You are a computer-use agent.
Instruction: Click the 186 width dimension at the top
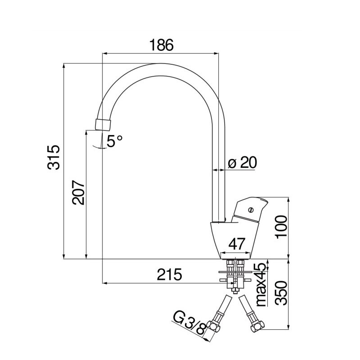pos(162,45)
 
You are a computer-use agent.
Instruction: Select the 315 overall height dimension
pos(54,157)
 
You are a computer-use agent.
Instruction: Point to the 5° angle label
pos(115,141)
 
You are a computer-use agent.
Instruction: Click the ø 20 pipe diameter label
pos(243,162)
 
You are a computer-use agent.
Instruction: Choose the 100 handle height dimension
pos(282,227)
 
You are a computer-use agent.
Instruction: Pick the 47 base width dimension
pos(237,244)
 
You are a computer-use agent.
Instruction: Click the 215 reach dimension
pos(170,274)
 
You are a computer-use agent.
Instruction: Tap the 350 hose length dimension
pos(282,293)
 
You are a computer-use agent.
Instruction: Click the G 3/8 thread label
pos(189,322)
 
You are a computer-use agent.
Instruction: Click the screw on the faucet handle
pos(251,210)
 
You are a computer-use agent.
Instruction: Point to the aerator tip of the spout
pos(103,125)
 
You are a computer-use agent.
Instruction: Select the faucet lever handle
pos(250,210)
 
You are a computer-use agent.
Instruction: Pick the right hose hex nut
pos(257,326)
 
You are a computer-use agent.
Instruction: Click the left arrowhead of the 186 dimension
pos(105,54)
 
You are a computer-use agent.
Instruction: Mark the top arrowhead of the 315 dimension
pos(64,66)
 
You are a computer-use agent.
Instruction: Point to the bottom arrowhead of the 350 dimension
pos(288,327)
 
